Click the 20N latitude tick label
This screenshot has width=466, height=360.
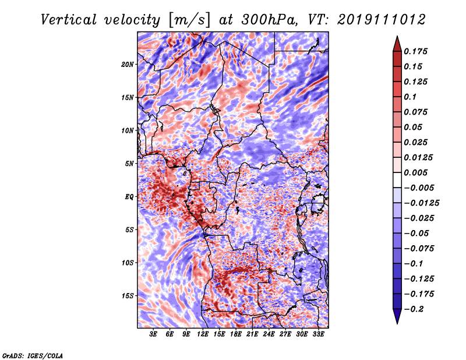point(128,65)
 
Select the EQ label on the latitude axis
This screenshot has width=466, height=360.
point(129,197)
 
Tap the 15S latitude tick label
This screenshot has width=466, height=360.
point(128,296)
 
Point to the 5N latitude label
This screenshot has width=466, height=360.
point(129,164)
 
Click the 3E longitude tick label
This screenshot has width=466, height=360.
point(153,334)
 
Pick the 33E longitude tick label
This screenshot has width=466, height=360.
point(318,334)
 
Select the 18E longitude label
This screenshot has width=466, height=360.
point(236,334)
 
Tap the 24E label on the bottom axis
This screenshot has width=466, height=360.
point(269,334)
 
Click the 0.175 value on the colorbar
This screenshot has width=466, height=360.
point(415,51)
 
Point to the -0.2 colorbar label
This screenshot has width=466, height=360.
point(414,309)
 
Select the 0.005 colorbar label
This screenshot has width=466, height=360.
point(415,172)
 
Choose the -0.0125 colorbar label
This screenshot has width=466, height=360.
point(421,203)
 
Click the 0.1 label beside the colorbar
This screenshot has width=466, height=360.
point(410,97)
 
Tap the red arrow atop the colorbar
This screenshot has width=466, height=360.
point(397,44)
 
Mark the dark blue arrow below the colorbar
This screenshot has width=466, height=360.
point(397,316)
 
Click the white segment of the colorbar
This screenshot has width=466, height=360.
point(397,180)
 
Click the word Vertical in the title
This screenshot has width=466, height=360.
point(69,20)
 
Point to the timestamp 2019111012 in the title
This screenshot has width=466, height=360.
point(382,20)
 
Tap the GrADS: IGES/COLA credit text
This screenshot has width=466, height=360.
point(33,356)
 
